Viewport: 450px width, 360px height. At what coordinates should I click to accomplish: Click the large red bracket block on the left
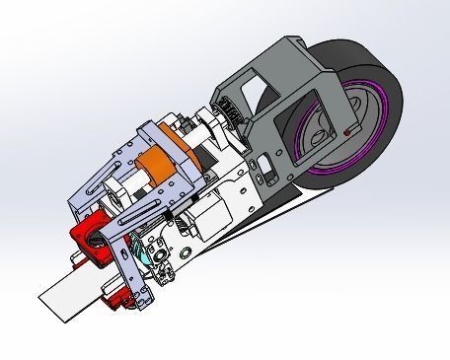[87, 240]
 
